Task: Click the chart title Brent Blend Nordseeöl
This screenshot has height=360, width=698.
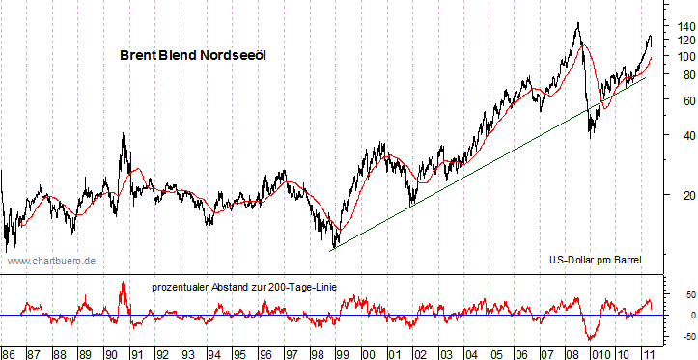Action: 192,56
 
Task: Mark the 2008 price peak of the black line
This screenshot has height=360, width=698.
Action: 577,23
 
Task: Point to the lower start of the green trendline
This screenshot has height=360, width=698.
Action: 331,250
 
